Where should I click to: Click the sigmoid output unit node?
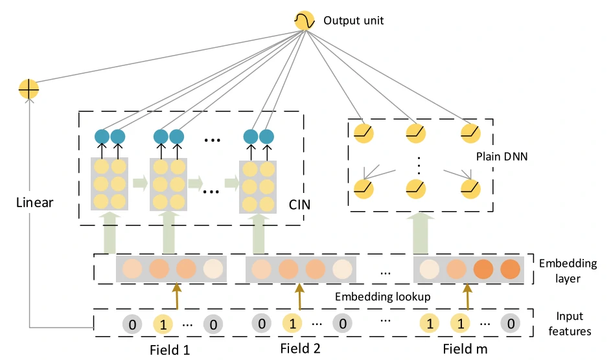coord(303,21)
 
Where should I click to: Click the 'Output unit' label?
coord(354,21)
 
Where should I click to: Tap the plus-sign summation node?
coord(29,89)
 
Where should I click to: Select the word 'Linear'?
coord(34,203)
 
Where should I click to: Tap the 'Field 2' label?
coord(301,349)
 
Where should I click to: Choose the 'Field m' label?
coord(465,350)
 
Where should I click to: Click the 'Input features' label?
coord(570,324)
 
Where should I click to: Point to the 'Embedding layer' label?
coord(568,271)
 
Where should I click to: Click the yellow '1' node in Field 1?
coord(163,322)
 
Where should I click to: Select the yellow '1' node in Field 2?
coord(292,322)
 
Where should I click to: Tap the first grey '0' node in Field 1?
coord(132,322)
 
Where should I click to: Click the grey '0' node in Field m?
coord(511,322)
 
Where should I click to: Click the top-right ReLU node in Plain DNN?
coord(470,132)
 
